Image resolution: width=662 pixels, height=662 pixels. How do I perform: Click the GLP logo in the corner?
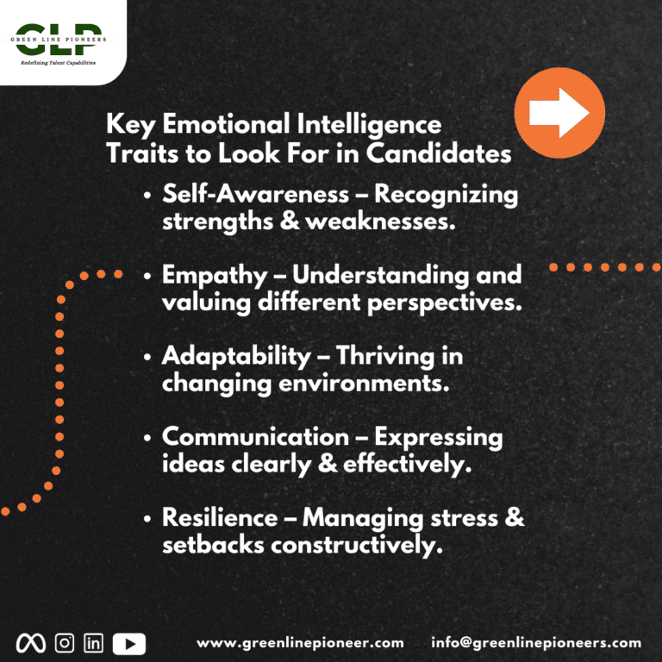59,43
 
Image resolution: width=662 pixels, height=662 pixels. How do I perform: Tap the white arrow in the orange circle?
559,113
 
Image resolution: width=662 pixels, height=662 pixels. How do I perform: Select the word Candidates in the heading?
439,153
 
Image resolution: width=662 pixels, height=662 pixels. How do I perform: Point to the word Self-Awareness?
255,194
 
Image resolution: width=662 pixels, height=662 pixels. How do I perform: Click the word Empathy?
215,276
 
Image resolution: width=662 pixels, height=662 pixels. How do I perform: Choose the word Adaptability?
236,356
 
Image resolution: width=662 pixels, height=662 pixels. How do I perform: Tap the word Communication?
255,436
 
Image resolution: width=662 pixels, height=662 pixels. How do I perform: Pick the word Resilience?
220,517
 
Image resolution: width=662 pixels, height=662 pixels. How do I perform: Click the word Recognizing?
446,195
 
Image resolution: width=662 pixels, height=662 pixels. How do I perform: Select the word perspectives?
445,303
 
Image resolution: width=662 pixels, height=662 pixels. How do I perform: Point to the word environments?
364,384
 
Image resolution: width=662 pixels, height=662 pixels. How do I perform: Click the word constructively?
357,545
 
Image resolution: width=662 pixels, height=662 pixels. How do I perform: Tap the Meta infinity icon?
31,643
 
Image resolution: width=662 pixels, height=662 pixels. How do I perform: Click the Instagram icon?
65,643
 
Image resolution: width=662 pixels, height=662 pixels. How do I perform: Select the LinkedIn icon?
93,643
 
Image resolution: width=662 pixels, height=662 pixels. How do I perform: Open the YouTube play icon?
129,644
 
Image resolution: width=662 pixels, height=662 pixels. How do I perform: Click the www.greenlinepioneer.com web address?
300,643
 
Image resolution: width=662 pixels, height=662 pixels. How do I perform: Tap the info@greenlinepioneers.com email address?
536,643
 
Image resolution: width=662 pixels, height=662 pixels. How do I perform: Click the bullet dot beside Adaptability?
147,357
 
